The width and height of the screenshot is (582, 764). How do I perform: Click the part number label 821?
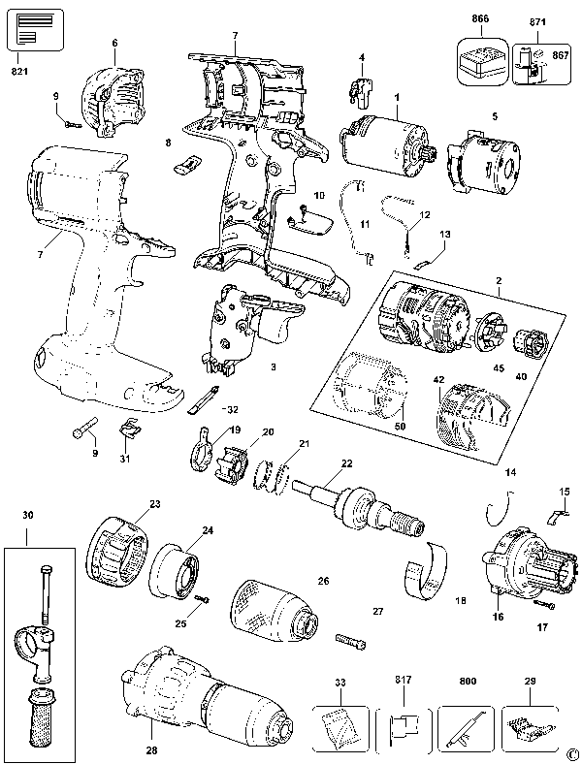coord(20,70)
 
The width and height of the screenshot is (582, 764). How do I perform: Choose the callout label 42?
coord(438,381)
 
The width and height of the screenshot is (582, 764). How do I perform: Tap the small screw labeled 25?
coord(202,603)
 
